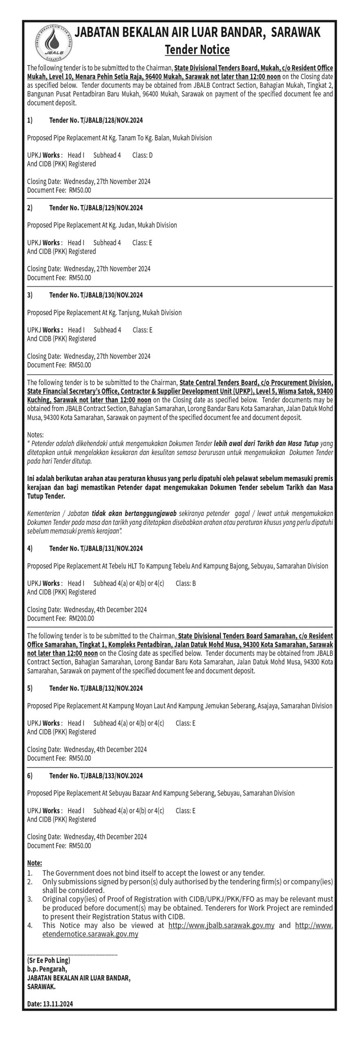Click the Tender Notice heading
[197, 50]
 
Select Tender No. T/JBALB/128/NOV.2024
[96, 121]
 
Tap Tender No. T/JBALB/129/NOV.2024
[96, 208]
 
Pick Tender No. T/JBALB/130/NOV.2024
[96, 295]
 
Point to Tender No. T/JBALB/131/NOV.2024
[96, 549]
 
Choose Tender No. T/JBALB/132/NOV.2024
[96, 688]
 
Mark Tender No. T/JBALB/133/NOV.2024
[96, 776]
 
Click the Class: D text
[142, 155]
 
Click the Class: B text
[186, 584]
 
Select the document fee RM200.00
[82, 618]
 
